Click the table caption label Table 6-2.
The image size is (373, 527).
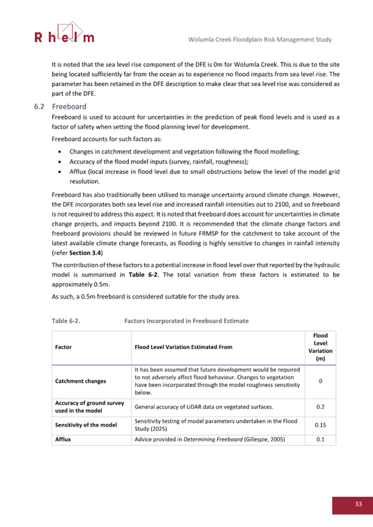click(x=66, y=320)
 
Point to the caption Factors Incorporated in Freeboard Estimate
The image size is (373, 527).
click(x=186, y=320)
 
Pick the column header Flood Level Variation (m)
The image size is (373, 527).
click(x=320, y=347)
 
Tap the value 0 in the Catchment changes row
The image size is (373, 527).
click(x=320, y=380)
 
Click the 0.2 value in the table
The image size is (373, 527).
click(x=320, y=406)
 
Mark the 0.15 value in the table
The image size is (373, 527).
click(x=320, y=425)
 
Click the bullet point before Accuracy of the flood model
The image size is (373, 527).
click(x=60, y=161)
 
